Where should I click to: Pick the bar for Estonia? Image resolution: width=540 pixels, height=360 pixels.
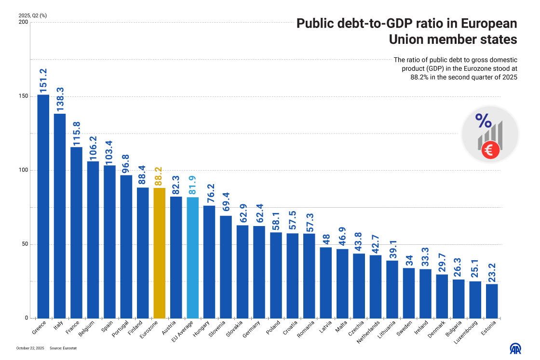point(492,301)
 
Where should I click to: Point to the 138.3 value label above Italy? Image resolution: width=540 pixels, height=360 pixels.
point(60,100)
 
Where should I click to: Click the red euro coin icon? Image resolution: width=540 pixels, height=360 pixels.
point(490,151)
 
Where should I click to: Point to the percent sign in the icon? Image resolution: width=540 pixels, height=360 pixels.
point(484,120)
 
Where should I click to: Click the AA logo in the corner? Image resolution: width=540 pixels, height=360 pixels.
point(516,348)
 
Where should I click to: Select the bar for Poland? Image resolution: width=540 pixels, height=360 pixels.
point(276,275)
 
